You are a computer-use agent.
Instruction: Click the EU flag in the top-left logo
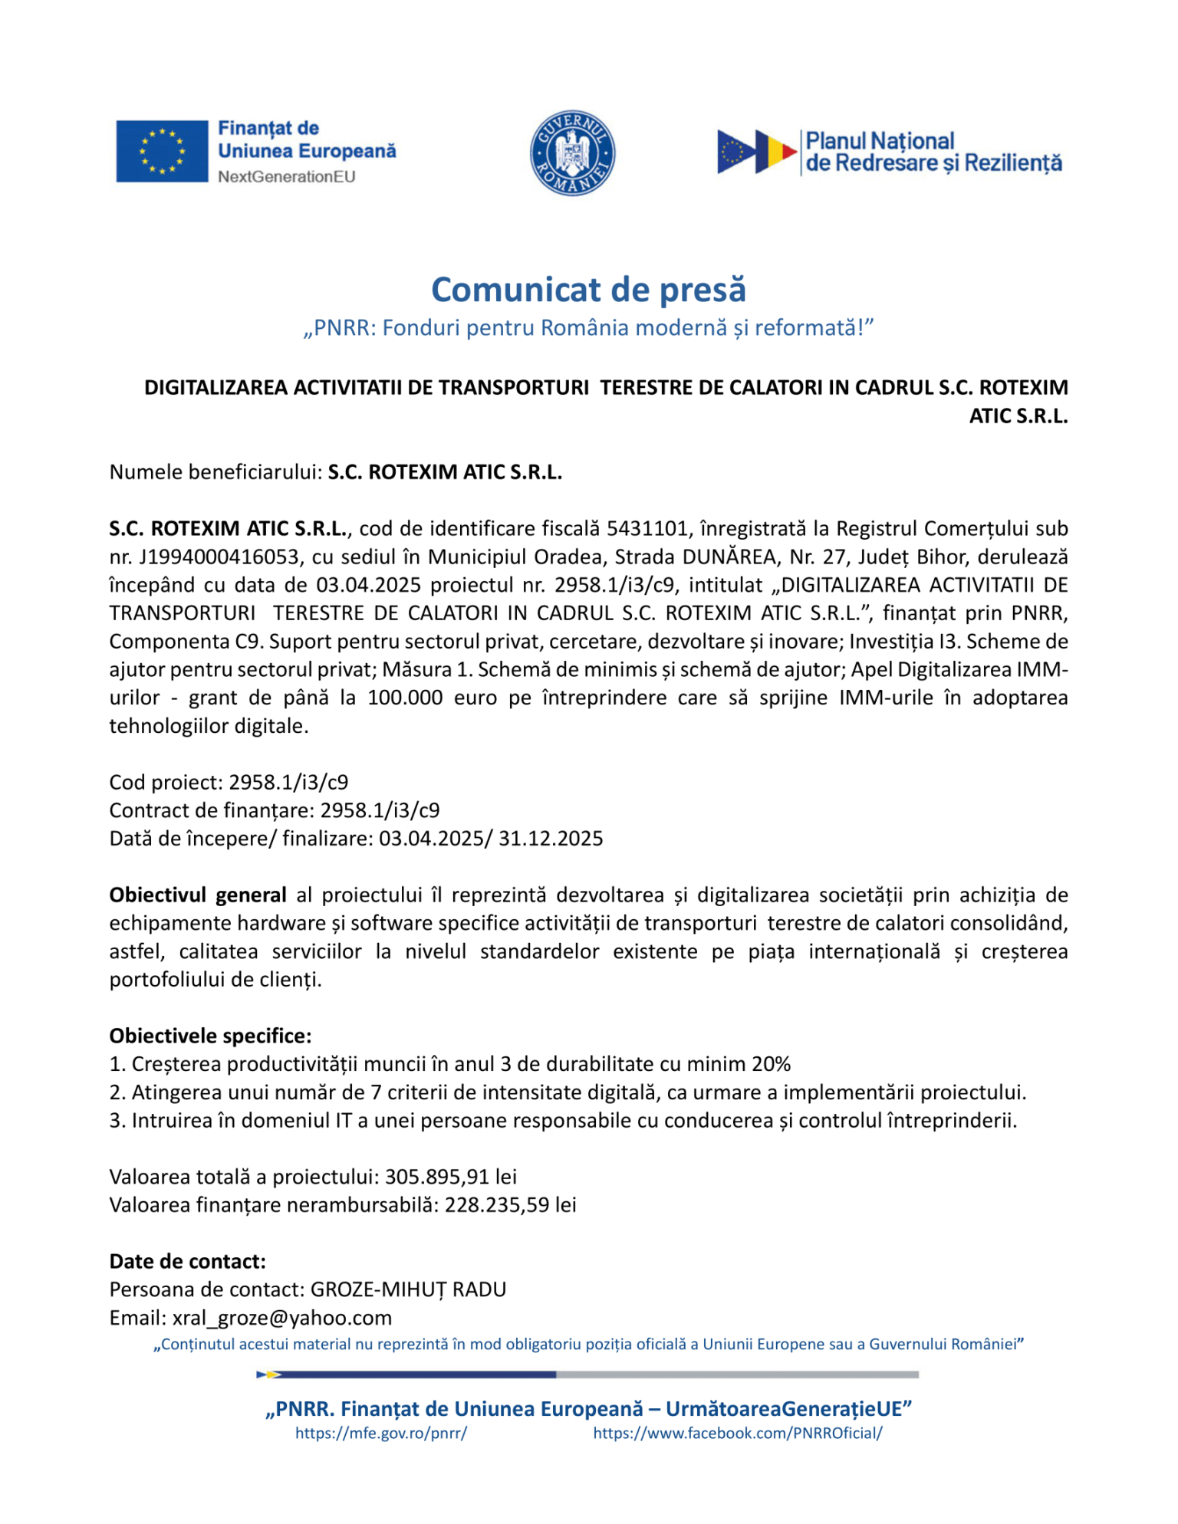coord(162,151)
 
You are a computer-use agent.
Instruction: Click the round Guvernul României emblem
coord(572,153)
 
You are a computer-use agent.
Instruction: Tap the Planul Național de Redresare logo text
coord(933,152)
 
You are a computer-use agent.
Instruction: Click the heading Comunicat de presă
coord(588,290)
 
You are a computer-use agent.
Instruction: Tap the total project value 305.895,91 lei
coord(450,1177)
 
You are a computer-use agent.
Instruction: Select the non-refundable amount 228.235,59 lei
coord(510,1205)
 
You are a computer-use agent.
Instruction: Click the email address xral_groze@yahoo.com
coord(281,1318)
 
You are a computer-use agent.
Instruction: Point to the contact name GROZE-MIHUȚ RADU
coord(408,1289)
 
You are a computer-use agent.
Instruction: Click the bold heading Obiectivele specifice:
coord(210,1036)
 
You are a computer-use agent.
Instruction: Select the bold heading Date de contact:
coord(187,1261)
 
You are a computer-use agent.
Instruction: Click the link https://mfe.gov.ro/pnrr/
coord(381,1434)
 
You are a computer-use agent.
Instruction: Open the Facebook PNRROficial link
coord(737,1434)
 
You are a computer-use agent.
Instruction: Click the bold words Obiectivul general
coord(198,895)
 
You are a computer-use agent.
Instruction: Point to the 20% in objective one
coord(771,1064)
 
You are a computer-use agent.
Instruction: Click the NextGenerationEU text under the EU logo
coord(286,177)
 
